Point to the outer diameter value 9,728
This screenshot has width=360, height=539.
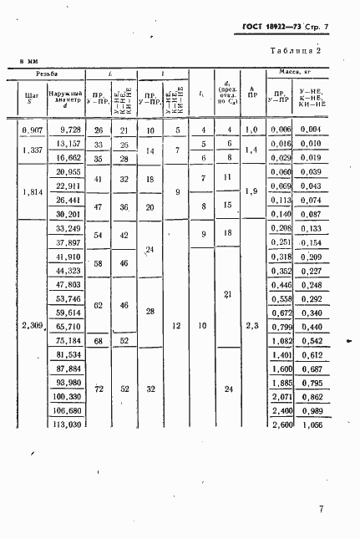[65, 129]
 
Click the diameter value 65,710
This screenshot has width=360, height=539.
[65, 326]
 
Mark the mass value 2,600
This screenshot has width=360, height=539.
[282, 425]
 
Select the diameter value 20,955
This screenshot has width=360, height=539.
[65, 171]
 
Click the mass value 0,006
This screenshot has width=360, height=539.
[282, 129]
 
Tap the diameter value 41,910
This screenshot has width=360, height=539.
[65, 256]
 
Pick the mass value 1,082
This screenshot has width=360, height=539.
[282, 340]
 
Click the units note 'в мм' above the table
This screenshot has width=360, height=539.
[29, 62]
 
